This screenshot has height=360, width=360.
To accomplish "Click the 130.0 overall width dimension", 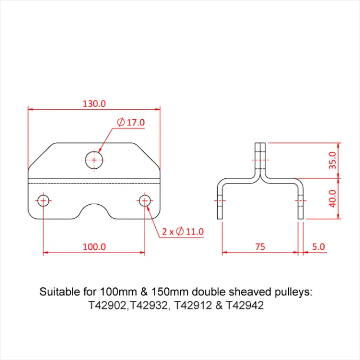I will [x=94, y=103].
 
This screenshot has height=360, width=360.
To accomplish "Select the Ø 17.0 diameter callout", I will [x=130, y=122].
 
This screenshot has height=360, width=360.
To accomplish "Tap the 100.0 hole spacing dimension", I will [x=94, y=246].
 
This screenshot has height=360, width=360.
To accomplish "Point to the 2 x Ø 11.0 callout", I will [x=182, y=231].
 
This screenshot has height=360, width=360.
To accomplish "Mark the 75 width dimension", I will [x=260, y=246].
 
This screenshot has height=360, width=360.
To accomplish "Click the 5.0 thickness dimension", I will [x=317, y=246].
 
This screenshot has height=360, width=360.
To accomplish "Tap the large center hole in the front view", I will [x=94, y=160].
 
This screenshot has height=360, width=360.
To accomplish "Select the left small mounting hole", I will [x=43, y=200].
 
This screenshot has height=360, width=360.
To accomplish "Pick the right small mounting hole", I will [x=145, y=200].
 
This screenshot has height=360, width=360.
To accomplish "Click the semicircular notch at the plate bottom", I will [x=94, y=210].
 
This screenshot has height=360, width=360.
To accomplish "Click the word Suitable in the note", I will [x=58, y=292].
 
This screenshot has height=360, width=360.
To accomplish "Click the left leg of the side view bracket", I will [x=220, y=202].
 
